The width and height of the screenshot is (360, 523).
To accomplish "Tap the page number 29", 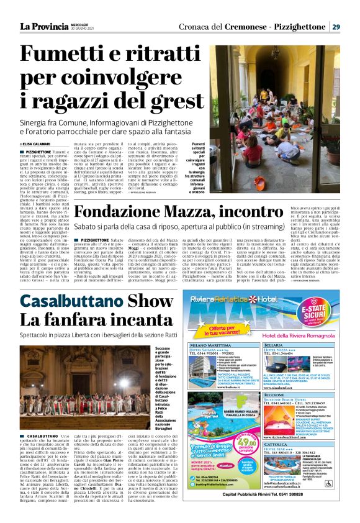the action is point(335,27).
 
